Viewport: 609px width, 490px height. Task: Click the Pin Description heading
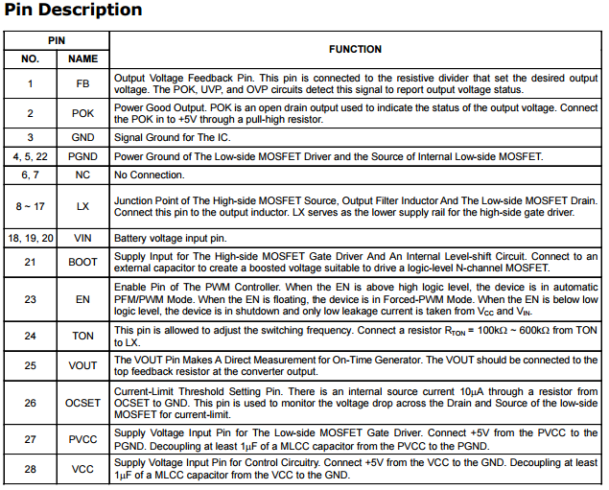73,11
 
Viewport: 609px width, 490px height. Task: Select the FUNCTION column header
355,49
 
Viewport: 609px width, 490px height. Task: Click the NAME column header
82,59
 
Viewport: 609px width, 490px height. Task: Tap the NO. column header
30,59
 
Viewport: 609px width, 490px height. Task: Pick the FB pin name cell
82,83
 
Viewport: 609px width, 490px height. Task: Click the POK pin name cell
82,113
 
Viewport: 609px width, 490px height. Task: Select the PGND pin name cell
82,156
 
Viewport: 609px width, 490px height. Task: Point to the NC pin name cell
82,175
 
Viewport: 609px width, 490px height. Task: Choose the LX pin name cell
82,206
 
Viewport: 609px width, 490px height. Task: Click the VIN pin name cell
82,237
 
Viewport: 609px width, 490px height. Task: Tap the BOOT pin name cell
82,262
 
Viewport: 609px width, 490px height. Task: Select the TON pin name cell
82,336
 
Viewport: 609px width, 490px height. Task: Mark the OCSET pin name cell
82,403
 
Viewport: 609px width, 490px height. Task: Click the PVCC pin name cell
82,439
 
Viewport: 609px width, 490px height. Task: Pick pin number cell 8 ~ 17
30,206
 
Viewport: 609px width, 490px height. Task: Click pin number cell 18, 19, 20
30,237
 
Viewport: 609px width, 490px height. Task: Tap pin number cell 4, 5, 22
30,156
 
